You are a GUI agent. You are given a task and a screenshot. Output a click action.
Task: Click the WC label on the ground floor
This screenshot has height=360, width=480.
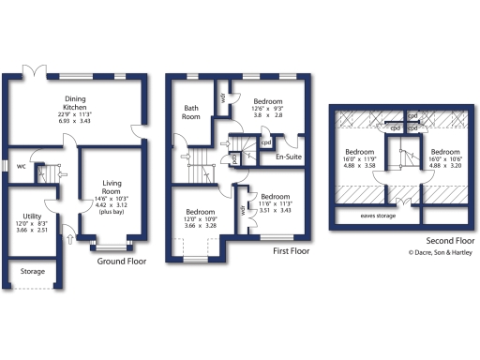[21, 167]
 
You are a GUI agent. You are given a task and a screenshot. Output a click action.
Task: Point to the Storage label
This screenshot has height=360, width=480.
[32, 273]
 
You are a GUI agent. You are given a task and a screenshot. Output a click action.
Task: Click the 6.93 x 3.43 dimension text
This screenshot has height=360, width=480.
[75, 122]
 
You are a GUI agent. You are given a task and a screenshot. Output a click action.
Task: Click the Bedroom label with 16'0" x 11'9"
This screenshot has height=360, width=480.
[360, 151]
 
